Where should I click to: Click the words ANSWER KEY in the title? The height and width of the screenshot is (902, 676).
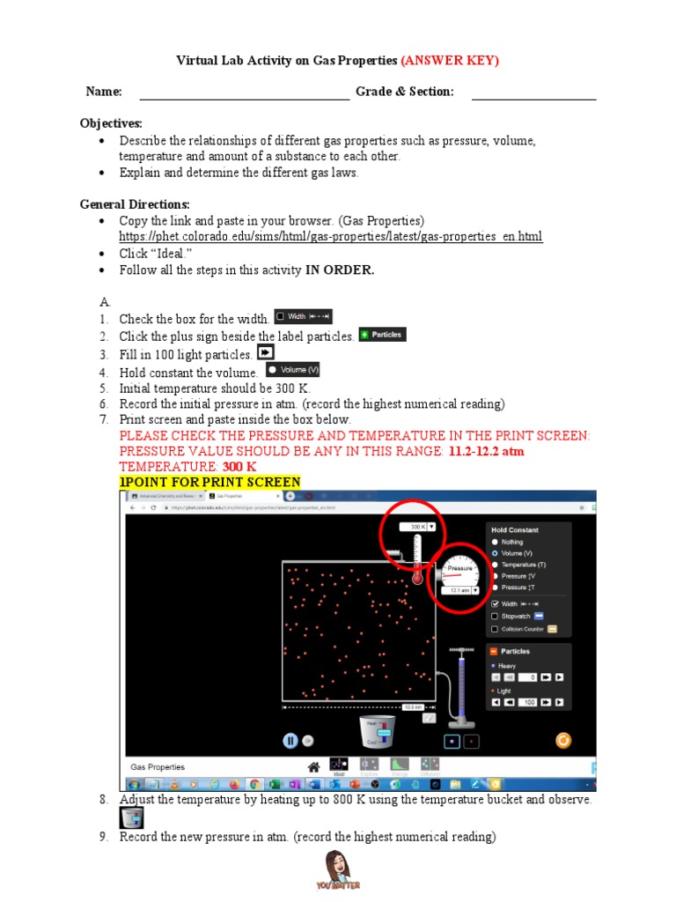point(450,61)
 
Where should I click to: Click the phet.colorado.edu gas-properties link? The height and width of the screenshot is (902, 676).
point(331,237)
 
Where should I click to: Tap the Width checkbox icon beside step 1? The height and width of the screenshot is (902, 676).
point(303,316)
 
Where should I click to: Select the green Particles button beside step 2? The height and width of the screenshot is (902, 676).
point(382,335)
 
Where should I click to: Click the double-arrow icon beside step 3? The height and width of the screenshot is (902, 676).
point(266,352)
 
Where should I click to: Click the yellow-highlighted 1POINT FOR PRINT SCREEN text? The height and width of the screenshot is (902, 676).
point(209,482)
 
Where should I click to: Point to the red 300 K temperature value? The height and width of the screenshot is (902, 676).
point(239,466)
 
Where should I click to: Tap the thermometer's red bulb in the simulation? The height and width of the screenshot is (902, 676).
point(417,578)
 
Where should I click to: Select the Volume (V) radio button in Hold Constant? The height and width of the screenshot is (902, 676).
point(495,553)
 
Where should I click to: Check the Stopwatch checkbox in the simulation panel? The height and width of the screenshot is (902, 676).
point(495,617)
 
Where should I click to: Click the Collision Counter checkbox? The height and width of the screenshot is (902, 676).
point(495,629)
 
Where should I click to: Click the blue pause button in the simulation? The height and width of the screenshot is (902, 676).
point(290,741)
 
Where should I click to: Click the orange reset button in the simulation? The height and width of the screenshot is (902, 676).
point(564,741)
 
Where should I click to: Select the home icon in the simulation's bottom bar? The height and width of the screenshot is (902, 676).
point(312,765)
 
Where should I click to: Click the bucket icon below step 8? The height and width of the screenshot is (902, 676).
point(131,818)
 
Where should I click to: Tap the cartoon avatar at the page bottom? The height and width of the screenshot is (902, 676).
point(337,868)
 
